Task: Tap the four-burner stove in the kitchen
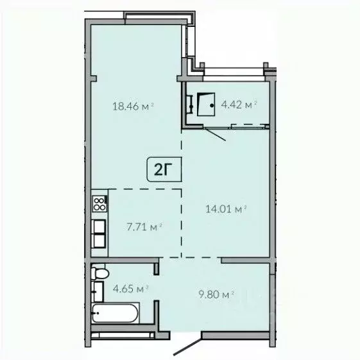[x=100, y=204]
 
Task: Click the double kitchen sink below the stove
[x=99, y=234]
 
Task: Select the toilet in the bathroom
[x=99, y=274]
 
